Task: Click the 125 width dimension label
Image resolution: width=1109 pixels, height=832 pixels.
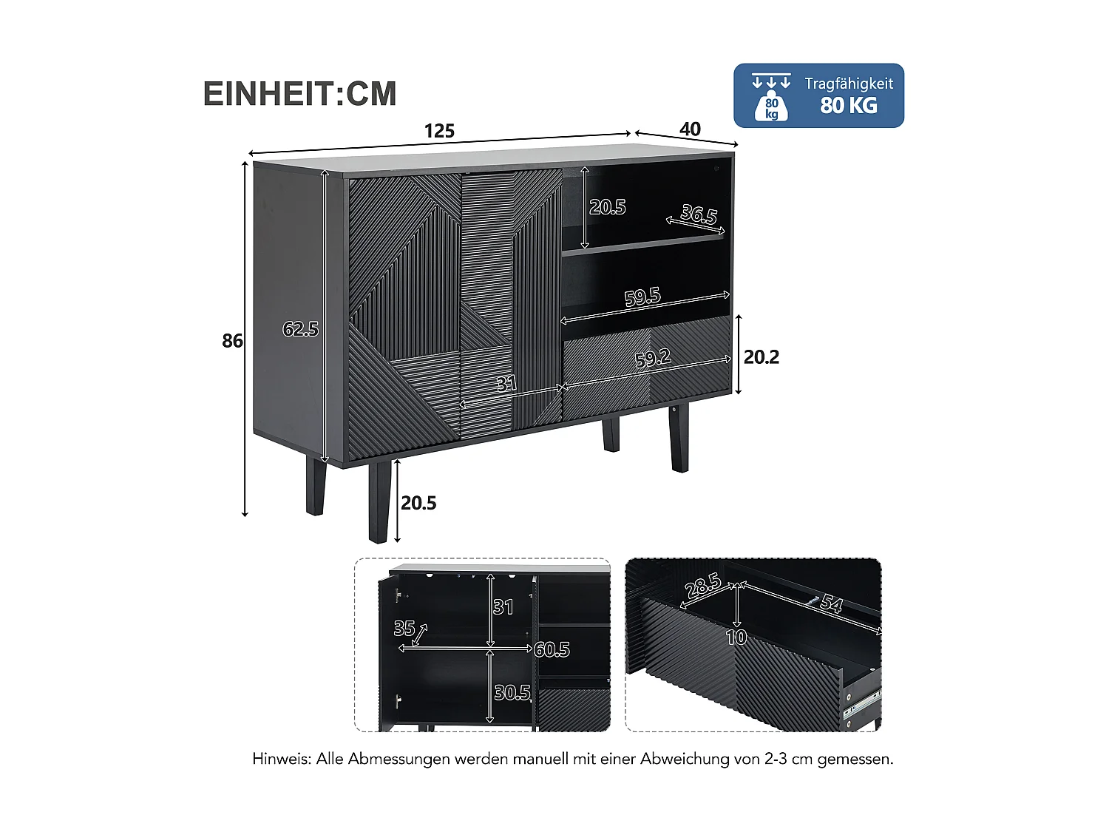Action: tap(439, 131)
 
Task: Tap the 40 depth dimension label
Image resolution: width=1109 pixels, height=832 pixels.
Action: tap(689, 129)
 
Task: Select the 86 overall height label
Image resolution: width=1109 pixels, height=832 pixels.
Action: tap(232, 340)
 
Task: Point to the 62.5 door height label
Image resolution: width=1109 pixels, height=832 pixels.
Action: tap(300, 329)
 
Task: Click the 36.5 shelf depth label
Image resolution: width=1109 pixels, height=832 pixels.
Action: tap(699, 214)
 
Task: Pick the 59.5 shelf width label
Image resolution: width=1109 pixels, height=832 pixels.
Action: tap(642, 297)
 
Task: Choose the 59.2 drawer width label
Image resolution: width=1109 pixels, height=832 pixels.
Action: tap(653, 359)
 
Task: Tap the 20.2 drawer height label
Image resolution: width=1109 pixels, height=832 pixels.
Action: tap(761, 357)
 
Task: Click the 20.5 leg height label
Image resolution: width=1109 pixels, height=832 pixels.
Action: tap(418, 503)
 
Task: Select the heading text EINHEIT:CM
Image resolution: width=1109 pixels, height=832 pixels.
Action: tap(300, 94)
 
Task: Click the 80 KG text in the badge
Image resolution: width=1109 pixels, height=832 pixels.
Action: tap(849, 106)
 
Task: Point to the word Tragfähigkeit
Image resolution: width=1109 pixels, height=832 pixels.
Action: tap(849, 84)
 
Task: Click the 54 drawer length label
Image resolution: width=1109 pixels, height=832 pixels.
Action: tap(831, 604)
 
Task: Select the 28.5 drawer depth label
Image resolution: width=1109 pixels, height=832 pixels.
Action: tap(703, 586)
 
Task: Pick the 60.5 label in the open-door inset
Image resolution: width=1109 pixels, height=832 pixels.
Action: tap(552, 649)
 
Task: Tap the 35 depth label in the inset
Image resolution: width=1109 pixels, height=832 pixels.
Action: tap(404, 628)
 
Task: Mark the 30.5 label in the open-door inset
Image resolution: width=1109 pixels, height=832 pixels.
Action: tap(512, 692)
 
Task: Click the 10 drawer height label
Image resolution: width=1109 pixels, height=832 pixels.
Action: tap(736, 637)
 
